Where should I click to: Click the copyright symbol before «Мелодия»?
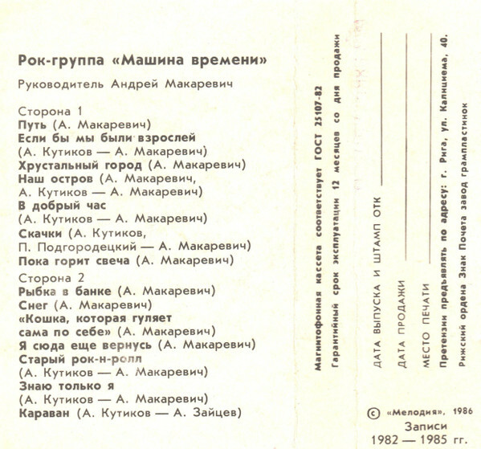[x=371, y=411]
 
